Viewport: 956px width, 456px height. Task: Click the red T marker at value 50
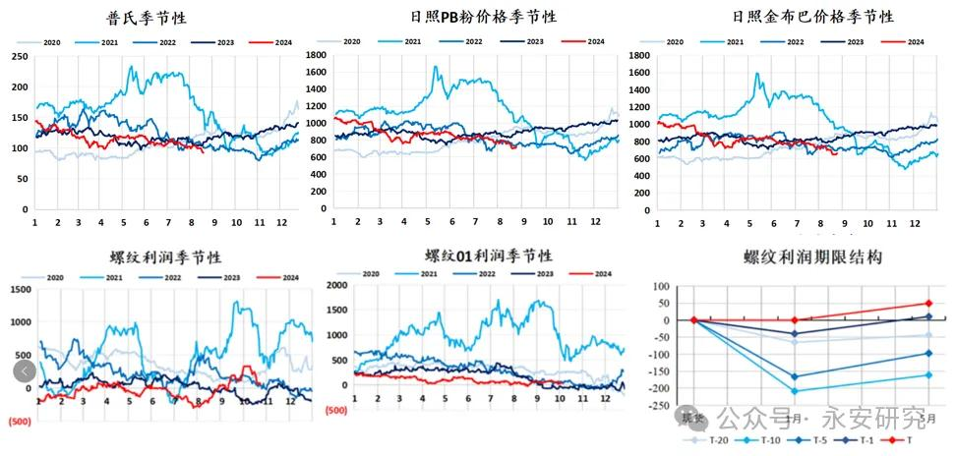927,304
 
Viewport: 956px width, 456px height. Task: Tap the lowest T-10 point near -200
795,391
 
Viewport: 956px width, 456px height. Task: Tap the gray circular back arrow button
25,370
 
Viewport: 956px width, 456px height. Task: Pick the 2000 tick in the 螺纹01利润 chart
336,285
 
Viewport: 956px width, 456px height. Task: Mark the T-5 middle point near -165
795,376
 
